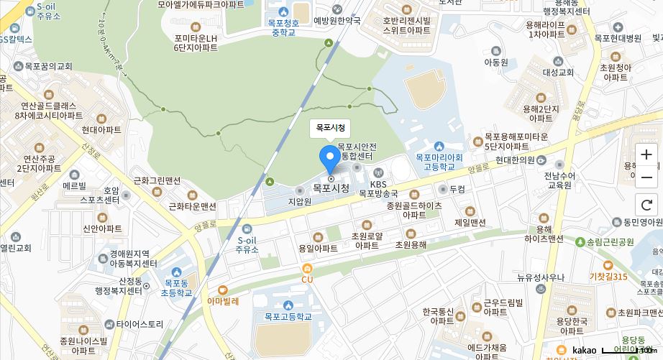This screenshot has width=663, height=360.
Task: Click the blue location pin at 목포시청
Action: pyautogui.click(x=330, y=157)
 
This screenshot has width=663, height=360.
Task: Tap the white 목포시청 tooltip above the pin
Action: pyautogui.click(x=331, y=129)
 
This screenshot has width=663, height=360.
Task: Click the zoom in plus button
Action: pyautogui.click(x=646, y=154)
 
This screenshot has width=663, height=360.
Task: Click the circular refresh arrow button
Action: pyautogui.click(x=646, y=205)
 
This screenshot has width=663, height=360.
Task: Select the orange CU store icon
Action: pyautogui.click(x=308, y=269)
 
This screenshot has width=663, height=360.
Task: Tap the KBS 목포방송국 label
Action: pyautogui.click(x=379, y=188)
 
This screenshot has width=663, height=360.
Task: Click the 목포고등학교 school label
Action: pyautogui.click(x=288, y=315)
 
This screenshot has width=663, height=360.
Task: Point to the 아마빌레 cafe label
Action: pyautogui.click(x=223, y=301)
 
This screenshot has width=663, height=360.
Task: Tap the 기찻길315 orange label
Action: pyautogui.click(x=608, y=277)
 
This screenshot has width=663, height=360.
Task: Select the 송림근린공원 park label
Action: pyautogui.click(x=608, y=241)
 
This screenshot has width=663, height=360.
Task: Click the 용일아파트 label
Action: pyautogui.click(x=318, y=248)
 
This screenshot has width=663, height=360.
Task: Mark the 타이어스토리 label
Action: pyautogui.click(x=140, y=324)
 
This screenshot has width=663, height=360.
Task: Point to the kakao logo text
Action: pyautogui.click(x=584, y=350)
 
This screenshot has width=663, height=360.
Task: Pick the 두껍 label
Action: pyautogui.click(x=457, y=189)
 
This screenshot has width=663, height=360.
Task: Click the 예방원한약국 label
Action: pyautogui.click(x=337, y=21)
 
